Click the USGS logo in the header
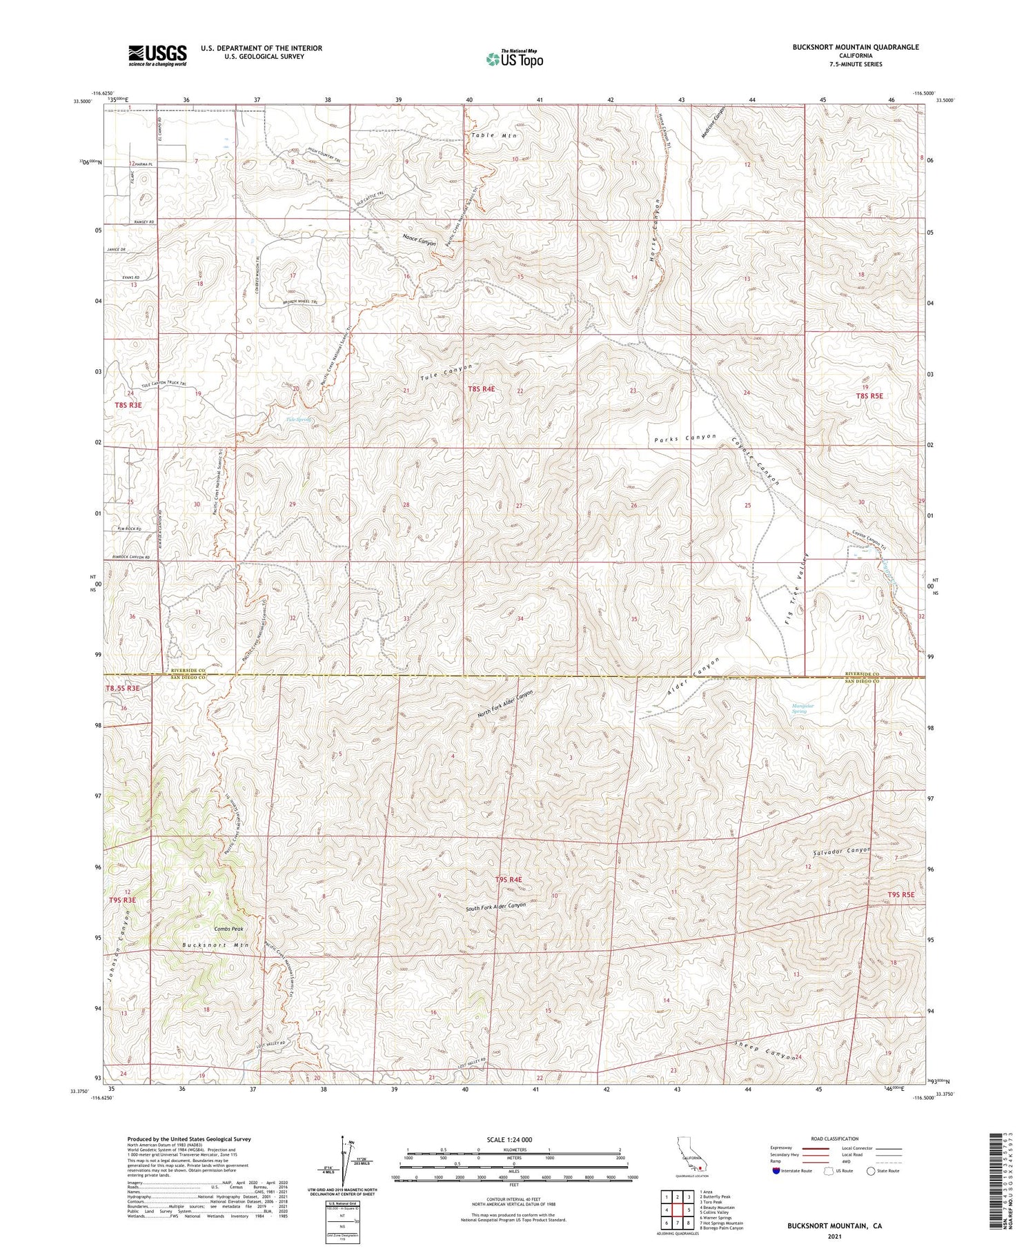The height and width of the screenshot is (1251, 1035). [157, 55]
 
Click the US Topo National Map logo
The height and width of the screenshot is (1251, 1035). [514, 59]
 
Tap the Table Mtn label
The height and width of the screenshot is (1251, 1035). [493, 136]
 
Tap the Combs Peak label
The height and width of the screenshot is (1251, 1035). [228, 929]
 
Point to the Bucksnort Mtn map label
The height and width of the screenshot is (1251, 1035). [215, 945]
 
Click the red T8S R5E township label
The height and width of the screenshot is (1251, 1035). [869, 396]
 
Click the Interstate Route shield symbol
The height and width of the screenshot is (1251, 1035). [776, 1171]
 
